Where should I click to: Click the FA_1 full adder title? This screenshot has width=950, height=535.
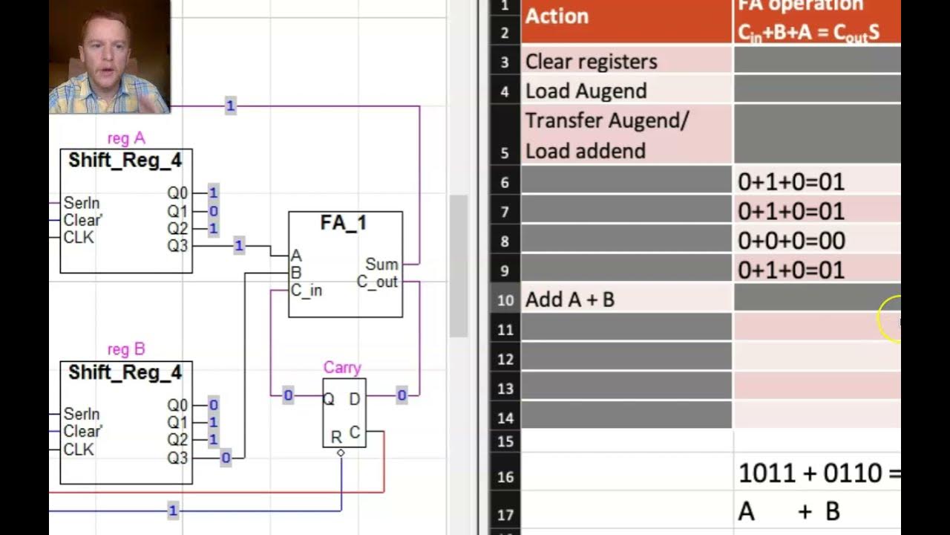pyautogui.click(x=344, y=223)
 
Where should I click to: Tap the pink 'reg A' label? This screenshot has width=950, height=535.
pyautogui.click(x=126, y=138)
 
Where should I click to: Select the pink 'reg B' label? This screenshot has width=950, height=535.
pyautogui.click(x=126, y=349)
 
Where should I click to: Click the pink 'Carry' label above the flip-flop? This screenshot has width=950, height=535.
pyautogui.click(x=342, y=368)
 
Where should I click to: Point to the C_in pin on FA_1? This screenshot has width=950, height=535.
pyautogui.click(x=306, y=291)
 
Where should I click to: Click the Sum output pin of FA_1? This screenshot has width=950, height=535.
pyautogui.click(x=381, y=265)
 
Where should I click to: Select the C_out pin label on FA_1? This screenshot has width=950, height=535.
pyautogui.click(x=377, y=282)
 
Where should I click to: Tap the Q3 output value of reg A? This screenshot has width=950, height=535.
pyautogui.click(x=239, y=245)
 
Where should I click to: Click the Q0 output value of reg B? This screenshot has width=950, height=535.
pyautogui.click(x=214, y=405)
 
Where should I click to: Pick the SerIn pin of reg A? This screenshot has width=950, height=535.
pyautogui.click(x=82, y=203)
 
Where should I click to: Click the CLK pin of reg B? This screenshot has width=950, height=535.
pyautogui.click(x=79, y=450)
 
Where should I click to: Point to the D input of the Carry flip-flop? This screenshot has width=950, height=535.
pyautogui.click(x=354, y=399)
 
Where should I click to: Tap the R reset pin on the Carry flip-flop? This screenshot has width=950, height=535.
pyautogui.click(x=336, y=437)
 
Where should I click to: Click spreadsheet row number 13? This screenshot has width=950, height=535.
pyautogui.click(x=505, y=388)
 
